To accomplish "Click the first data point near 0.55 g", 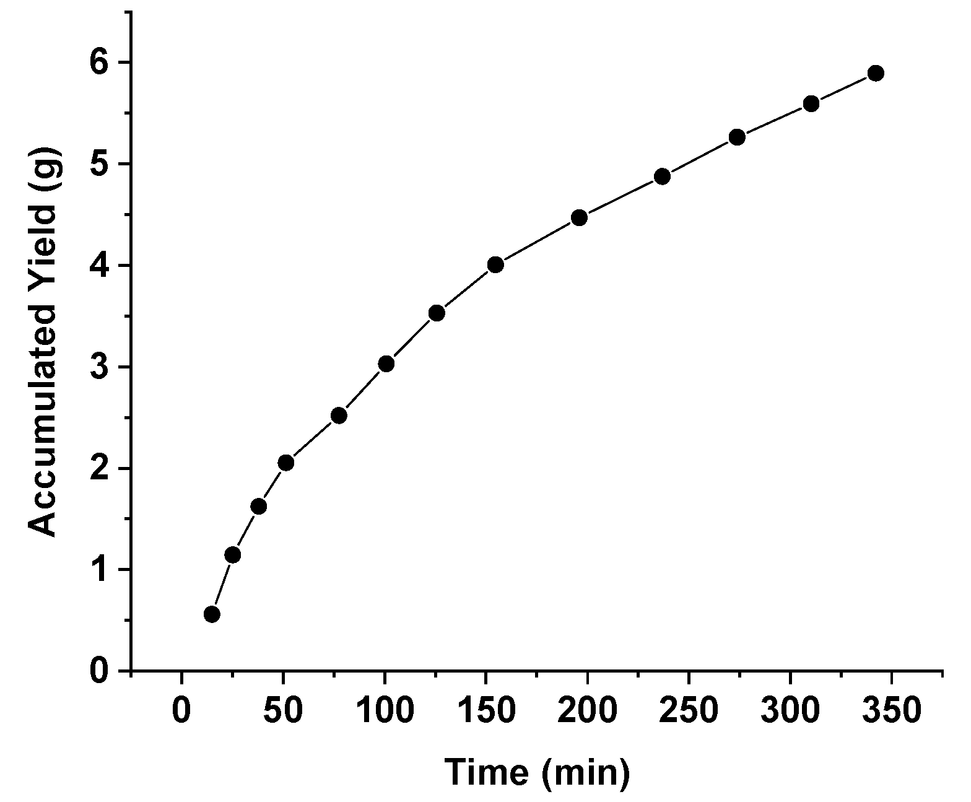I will (x=212, y=614).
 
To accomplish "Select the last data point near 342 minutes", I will (x=876, y=73).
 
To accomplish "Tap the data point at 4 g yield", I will (x=495, y=265).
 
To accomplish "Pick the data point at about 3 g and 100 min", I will (x=386, y=364).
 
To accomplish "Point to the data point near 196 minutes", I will (x=579, y=217).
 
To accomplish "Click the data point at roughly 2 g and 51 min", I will (x=285, y=463).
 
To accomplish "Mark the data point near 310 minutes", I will (x=811, y=103).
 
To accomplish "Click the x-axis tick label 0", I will (x=181, y=710).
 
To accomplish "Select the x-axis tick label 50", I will (x=283, y=710).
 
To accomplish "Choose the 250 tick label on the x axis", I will (x=689, y=710).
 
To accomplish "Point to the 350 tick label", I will (x=892, y=710).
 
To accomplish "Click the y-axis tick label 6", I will (x=99, y=63).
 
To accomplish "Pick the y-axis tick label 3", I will (x=99, y=367).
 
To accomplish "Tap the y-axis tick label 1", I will (x=99, y=570).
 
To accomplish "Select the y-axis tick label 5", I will (x=99, y=165).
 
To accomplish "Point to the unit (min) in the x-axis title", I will (x=585, y=774).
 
